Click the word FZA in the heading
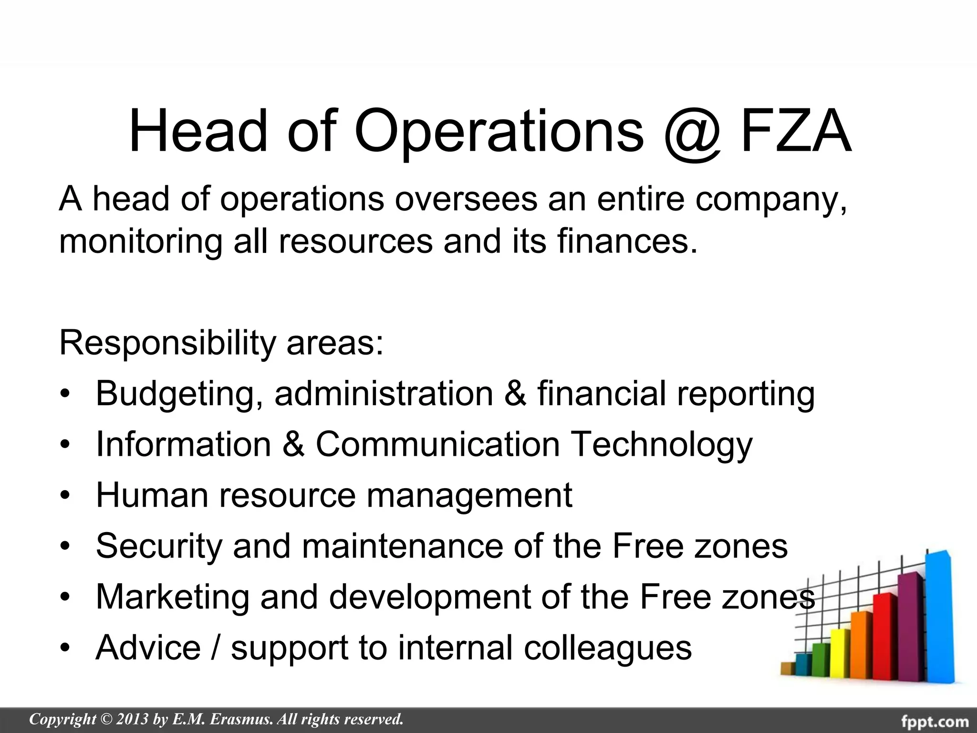pos(796,131)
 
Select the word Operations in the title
pos(499,132)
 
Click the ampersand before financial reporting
pos(515,393)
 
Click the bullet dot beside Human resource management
pos(65,496)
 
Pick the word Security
pos(159,546)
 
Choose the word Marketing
pos(172,597)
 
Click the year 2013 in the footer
pos(132,719)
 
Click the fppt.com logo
pos(935,721)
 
